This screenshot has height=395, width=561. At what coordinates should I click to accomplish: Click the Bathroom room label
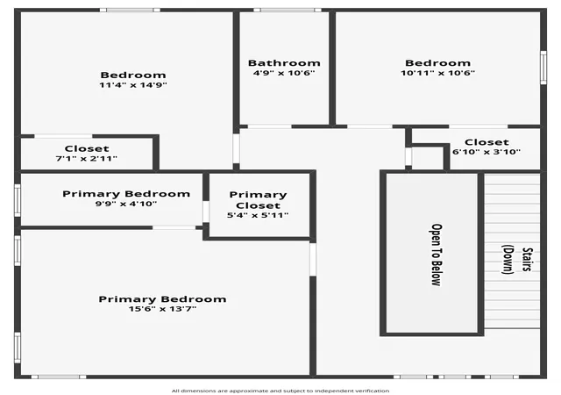point(284,63)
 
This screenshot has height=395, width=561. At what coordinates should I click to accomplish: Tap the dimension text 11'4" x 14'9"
point(133,85)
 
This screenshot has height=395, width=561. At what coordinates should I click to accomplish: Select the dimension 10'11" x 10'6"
point(437,73)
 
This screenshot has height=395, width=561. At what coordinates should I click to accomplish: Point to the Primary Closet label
point(258,200)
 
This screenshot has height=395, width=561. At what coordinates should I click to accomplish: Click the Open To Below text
point(436,255)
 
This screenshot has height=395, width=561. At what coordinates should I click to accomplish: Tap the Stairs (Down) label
point(517,260)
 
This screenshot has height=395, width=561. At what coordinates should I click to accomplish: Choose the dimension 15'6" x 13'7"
point(162,309)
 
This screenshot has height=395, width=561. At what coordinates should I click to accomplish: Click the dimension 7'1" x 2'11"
point(87,158)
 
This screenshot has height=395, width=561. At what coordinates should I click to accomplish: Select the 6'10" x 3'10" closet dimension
point(486,152)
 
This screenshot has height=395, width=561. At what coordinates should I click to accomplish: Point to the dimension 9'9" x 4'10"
point(126,204)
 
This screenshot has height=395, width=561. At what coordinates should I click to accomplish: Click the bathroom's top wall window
point(288,10)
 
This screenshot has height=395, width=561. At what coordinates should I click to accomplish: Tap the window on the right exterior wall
point(543,68)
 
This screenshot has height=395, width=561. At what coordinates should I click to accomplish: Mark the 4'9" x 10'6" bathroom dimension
point(284,73)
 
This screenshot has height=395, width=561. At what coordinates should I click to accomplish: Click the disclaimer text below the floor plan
point(280,391)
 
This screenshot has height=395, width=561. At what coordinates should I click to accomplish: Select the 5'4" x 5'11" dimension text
point(258,215)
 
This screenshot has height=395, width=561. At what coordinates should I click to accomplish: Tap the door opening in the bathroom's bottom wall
point(269,126)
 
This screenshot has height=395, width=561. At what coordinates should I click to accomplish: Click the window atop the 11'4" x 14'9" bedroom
point(130,10)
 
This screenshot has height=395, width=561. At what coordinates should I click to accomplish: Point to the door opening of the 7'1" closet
point(63,136)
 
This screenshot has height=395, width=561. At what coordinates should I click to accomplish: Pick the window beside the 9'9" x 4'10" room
point(18,200)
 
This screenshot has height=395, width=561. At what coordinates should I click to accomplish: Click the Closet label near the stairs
point(486,142)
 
